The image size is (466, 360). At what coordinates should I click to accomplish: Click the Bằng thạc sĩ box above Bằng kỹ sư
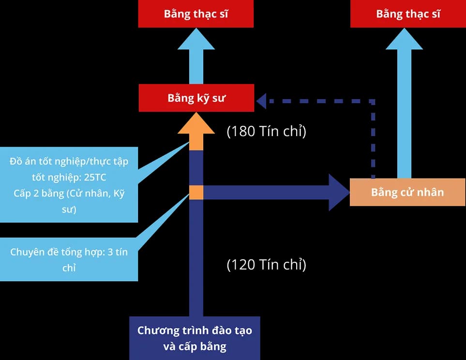[196, 14]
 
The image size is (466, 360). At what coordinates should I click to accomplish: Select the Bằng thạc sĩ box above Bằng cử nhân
[408, 14]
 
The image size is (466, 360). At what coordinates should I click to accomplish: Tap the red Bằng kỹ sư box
[196, 98]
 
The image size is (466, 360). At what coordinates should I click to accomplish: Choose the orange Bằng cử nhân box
[407, 192]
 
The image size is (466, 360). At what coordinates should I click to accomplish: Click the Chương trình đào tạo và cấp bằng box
[195, 338]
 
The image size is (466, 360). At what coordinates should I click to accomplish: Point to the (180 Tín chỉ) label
[266, 132]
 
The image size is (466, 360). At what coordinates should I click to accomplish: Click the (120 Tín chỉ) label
[266, 265]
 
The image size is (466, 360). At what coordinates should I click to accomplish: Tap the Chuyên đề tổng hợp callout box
[69, 260]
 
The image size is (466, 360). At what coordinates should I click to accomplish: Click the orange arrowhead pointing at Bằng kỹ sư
[196, 125]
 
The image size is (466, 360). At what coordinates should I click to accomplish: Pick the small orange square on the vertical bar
[196, 192]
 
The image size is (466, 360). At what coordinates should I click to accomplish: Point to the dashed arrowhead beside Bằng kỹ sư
[261, 101]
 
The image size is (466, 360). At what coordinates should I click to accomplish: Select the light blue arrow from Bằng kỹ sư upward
[196, 56]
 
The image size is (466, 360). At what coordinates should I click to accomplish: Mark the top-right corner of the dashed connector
[373, 102]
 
